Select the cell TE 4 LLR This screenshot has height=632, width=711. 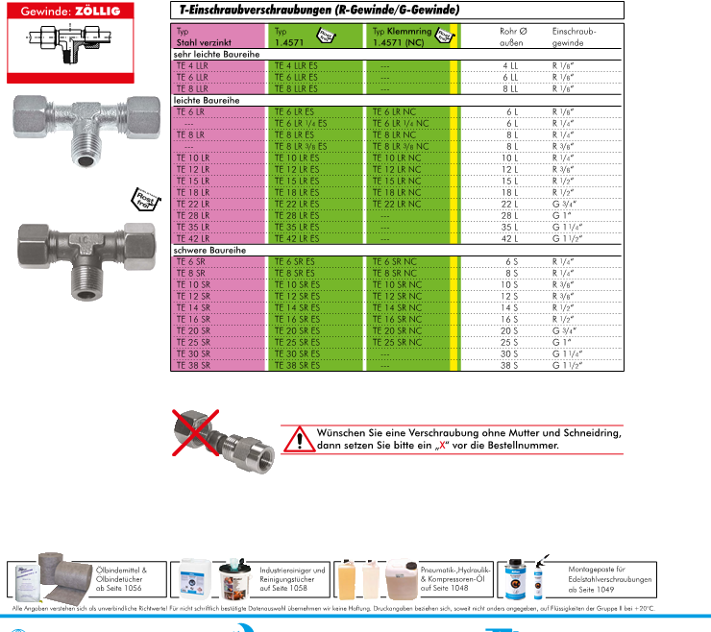pyautogui.click(x=192, y=64)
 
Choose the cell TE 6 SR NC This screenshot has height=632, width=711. pyautogui.click(x=395, y=261)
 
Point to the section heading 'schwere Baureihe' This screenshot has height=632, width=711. pyautogui.click(x=209, y=250)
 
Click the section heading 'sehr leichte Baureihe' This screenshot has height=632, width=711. pyautogui.click(x=213, y=54)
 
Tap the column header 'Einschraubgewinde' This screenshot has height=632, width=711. pyautogui.click(x=574, y=36)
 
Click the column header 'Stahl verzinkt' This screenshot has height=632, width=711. pyautogui.click(x=203, y=42)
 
